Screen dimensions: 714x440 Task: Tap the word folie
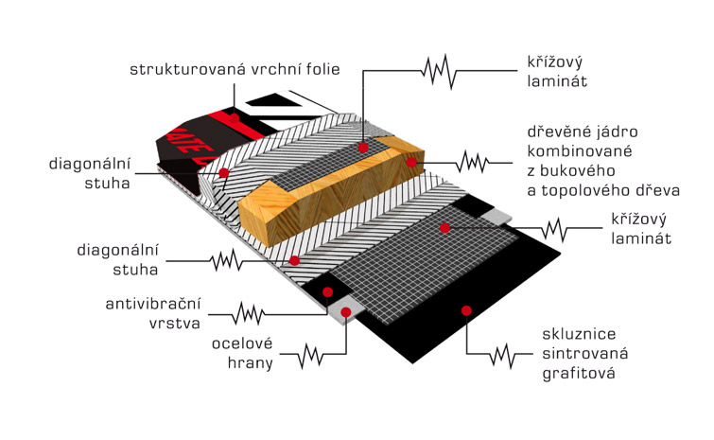coord(322,69)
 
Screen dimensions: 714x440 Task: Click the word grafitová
coord(579,374)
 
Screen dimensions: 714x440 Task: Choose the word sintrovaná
coord(585,353)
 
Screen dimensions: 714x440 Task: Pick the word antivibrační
coord(153,304)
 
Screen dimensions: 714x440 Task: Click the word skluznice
coord(579,333)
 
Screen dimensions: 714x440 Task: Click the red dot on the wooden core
coord(411,162)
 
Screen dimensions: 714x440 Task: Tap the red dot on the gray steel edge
coord(346,312)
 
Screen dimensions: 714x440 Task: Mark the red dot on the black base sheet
coord(466,310)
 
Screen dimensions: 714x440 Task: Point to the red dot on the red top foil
coord(234,118)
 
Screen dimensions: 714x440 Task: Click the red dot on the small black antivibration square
coord(327,292)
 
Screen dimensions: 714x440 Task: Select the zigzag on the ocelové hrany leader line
coord(310,355)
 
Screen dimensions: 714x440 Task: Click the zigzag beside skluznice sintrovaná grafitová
coord(502,355)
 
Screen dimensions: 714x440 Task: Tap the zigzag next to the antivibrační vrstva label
coord(248,313)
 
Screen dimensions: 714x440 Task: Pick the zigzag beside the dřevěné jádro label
coord(473,162)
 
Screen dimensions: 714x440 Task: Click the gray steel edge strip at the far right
coord(497,217)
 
